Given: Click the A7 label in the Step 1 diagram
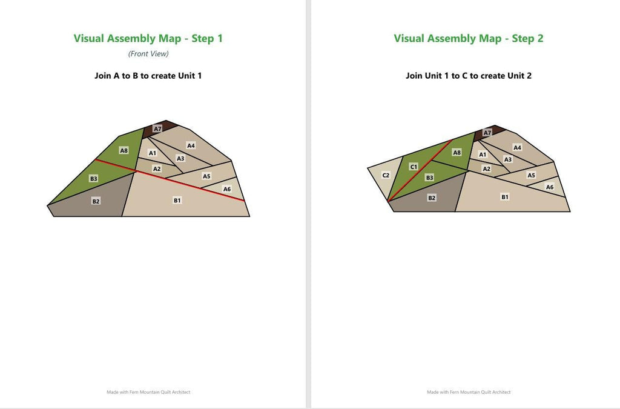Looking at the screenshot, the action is coord(157,128).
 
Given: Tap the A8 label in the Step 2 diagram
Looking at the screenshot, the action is coord(457,152).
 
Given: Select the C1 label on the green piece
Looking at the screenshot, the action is coord(414,167).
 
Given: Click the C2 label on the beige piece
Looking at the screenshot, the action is coord(386,175).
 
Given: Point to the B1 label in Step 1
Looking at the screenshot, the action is coord(177,200).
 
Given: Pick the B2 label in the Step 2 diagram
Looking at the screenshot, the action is coord(432,198).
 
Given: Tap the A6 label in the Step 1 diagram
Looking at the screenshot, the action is coord(227,189).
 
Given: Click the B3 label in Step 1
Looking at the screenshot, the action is coord(94,178).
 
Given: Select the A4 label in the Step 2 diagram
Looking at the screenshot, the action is coord(517,147).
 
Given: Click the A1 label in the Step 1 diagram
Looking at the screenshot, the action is coord(152,153).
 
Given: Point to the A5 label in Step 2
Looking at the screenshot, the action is coord(532,175).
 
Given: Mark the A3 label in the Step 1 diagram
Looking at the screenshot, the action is coord(180,158).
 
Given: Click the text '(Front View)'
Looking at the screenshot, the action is coord(148,54).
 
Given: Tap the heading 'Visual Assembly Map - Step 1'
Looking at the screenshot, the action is coord(148,38).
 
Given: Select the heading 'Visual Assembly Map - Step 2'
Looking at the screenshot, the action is coord(469,38).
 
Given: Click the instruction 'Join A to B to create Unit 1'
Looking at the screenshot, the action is coord(148,76).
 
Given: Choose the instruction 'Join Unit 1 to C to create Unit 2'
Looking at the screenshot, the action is coord(469,76).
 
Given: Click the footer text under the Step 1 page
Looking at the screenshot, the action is coord(148,392).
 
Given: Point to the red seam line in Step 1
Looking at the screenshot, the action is coord(170,181).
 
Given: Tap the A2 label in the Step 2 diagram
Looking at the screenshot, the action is coord(486,169).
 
